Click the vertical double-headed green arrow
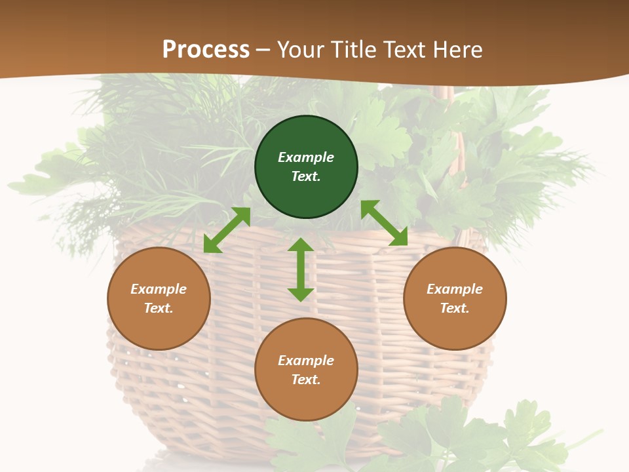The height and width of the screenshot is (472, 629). click(x=301, y=269)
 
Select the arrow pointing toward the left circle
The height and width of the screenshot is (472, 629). click(x=227, y=230)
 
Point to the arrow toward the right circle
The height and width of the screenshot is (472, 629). click(x=384, y=223)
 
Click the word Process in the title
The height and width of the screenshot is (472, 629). click(x=206, y=49)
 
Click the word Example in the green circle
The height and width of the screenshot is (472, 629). click(x=306, y=157)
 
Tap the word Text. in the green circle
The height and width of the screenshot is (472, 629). click(x=306, y=176)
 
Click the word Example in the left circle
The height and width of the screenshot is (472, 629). click(x=159, y=289)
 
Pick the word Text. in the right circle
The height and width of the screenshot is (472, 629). click(x=455, y=308)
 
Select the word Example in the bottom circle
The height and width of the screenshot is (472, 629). click(x=306, y=361)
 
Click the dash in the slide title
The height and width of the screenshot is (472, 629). click(x=263, y=50)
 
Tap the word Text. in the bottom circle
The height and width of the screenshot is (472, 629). click(x=306, y=380)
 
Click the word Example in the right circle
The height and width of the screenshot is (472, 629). click(x=455, y=289)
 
